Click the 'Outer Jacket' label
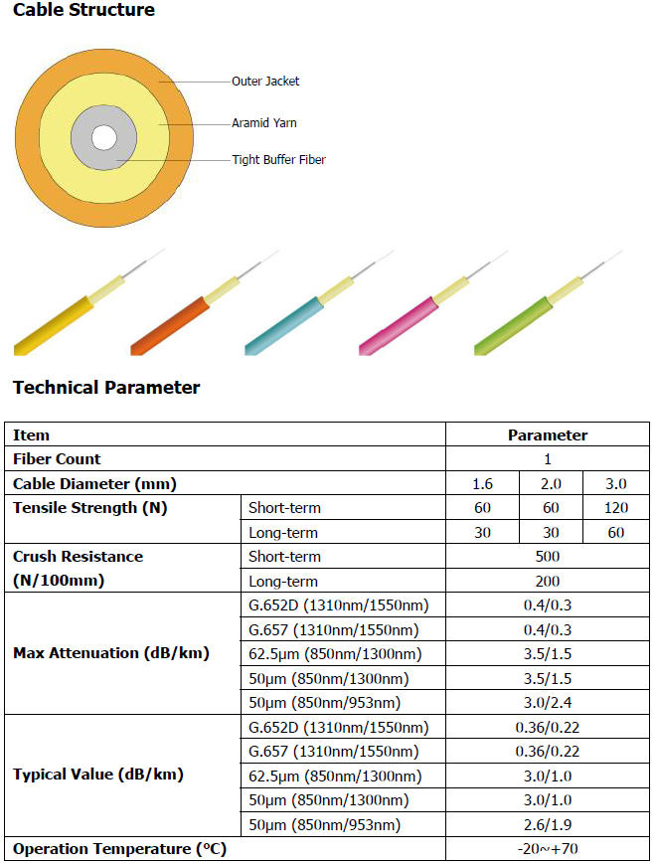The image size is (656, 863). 265,82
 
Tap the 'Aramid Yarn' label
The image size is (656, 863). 264,123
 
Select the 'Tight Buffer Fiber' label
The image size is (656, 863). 278,159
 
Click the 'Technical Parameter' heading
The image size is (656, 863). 106,388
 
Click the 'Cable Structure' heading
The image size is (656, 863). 83,11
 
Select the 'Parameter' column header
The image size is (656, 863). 547,435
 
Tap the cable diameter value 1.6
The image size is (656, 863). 482,484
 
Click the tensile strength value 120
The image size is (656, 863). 615,508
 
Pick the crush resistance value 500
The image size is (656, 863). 547,557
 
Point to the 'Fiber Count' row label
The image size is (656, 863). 57,459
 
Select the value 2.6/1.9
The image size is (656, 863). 547,824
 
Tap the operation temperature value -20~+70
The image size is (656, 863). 547,849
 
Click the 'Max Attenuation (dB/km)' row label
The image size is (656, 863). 111,653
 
